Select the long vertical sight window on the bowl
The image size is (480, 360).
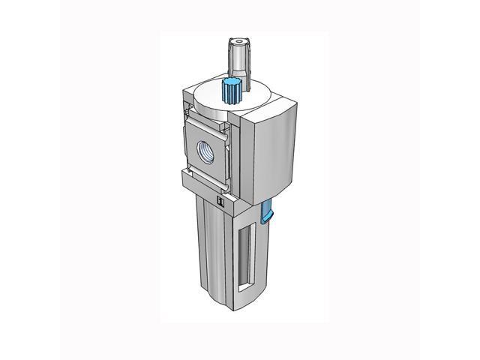click(x=242, y=255)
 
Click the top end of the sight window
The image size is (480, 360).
click(x=242, y=226)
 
